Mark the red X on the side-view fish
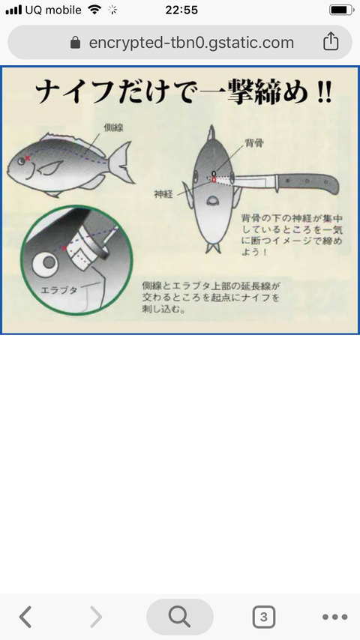pyautogui.click(x=28, y=158)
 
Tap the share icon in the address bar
pyautogui.click(x=331, y=42)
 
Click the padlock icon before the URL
pyautogui.click(x=75, y=43)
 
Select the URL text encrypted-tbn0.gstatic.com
pyautogui.click(x=191, y=43)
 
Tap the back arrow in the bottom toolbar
pyautogui.click(x=25, y=617)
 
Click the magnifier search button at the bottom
pyautogui.click(x=180, y=617)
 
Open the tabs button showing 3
pyautogui.click(x=263, y=617)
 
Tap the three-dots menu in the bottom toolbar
pyautogui.click(x=334, y=617)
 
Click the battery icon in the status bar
pyautogui.click(x=341, y=10)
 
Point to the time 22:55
pyautogui.click(x=180, y=10)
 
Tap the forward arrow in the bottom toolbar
pyautogui.click(x=96, y=617)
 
